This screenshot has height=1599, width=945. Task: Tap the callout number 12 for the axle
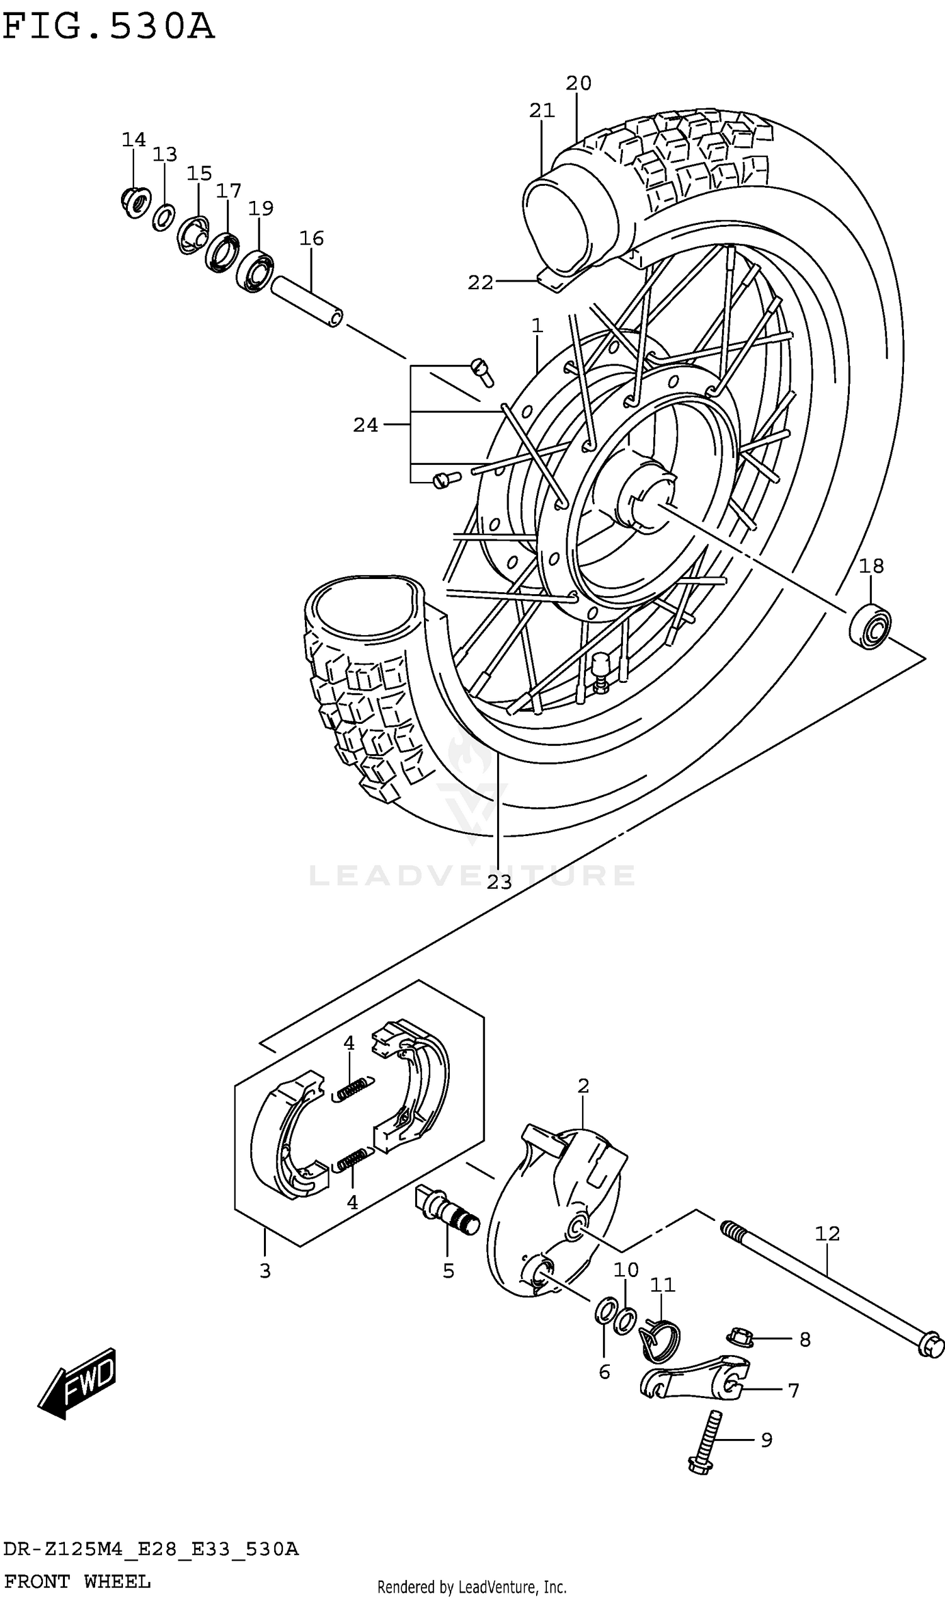[827, 1234]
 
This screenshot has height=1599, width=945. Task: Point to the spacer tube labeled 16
[307, 301]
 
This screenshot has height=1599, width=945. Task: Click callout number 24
[365, 425]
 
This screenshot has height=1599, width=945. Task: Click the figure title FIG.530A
[108, 27]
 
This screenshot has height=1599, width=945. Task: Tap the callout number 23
[499, 882]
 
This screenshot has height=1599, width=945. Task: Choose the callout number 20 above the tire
[578, 83]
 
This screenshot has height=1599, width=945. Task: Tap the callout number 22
[480, 282]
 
